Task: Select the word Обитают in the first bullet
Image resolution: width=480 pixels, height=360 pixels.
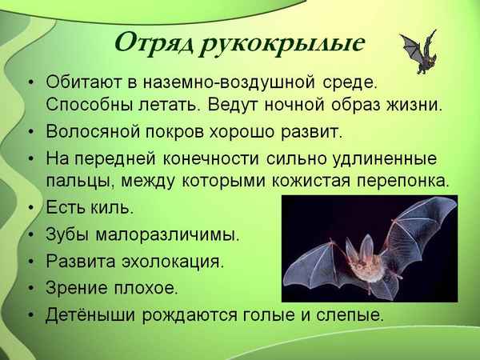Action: click(86, 83)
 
